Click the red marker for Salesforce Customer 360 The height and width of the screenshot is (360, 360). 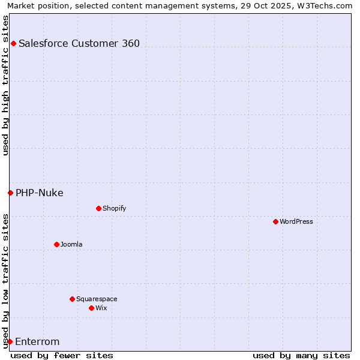coord(13,43)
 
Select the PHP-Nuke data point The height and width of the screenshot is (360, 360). coord(10,193)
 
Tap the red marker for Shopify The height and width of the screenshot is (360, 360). coord(98,208)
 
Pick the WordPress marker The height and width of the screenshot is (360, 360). coord(275,221)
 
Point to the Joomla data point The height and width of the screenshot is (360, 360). coord(56,244)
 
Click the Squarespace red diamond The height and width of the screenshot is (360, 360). coord(72,299)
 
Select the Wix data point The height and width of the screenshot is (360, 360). coord(91,308)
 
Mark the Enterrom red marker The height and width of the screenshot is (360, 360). coord(10,341)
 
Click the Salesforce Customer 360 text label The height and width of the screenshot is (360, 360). coord(79,43)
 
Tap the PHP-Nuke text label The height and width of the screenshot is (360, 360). coord(40,193)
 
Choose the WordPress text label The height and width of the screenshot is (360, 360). coord(296,221)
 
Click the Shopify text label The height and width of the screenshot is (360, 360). coord(115,208)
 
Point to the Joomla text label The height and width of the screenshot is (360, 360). coord(71,244)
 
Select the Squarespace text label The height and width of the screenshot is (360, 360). coord(97,299)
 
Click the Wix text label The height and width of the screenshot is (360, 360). coord(101,308)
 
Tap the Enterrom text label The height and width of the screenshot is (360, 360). coord(37,342)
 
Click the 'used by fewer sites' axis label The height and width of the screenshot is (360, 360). coord(62,355)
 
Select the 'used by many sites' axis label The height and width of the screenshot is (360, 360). coord(301,355)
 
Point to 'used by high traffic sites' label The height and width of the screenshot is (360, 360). coord(5,85)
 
